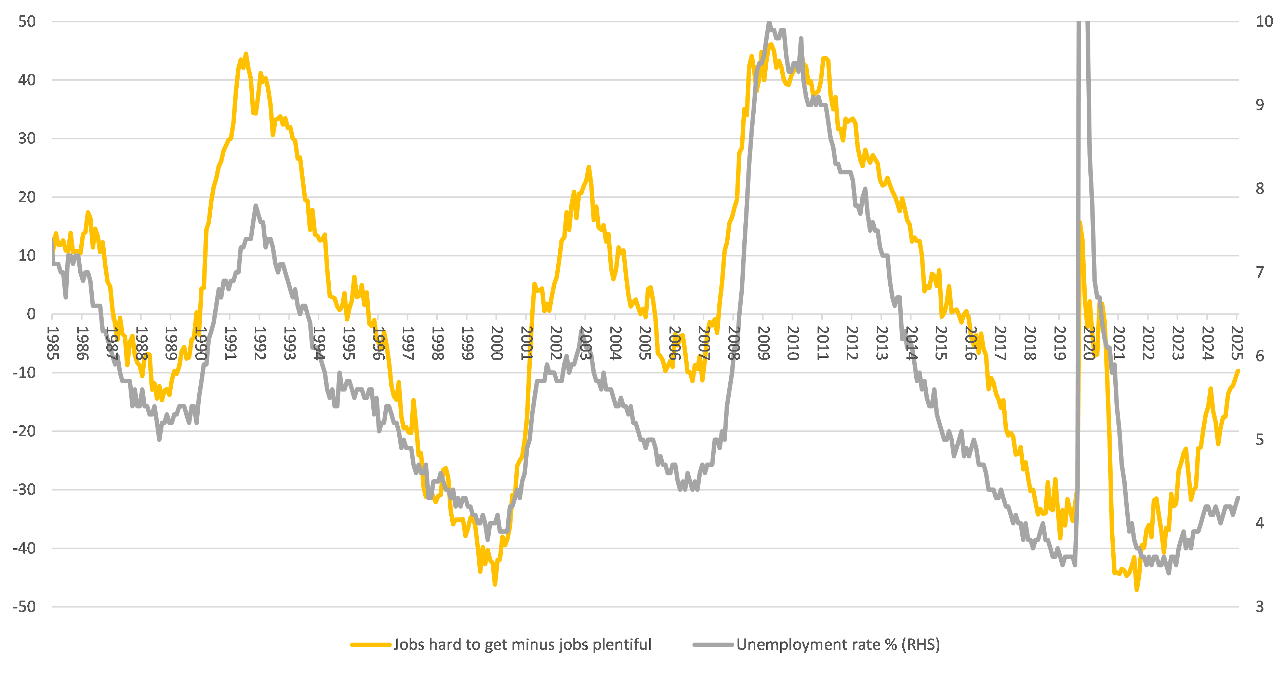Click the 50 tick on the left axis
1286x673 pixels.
coord(27,22)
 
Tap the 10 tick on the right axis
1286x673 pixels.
coord(1264,22)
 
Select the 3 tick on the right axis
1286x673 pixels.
coord(1260,607)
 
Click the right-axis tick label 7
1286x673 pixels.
coord(1260,272)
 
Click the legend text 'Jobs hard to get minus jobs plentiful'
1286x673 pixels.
coord(522,645)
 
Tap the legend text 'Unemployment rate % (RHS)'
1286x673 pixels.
coord(838,645)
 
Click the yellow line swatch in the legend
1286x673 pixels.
coord(370,645)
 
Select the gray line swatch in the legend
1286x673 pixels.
coord(713,645)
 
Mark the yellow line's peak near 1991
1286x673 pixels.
coord(246,54)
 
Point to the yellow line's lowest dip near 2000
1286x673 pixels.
coord(495,584)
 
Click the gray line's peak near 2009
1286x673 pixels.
coord(768,23)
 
